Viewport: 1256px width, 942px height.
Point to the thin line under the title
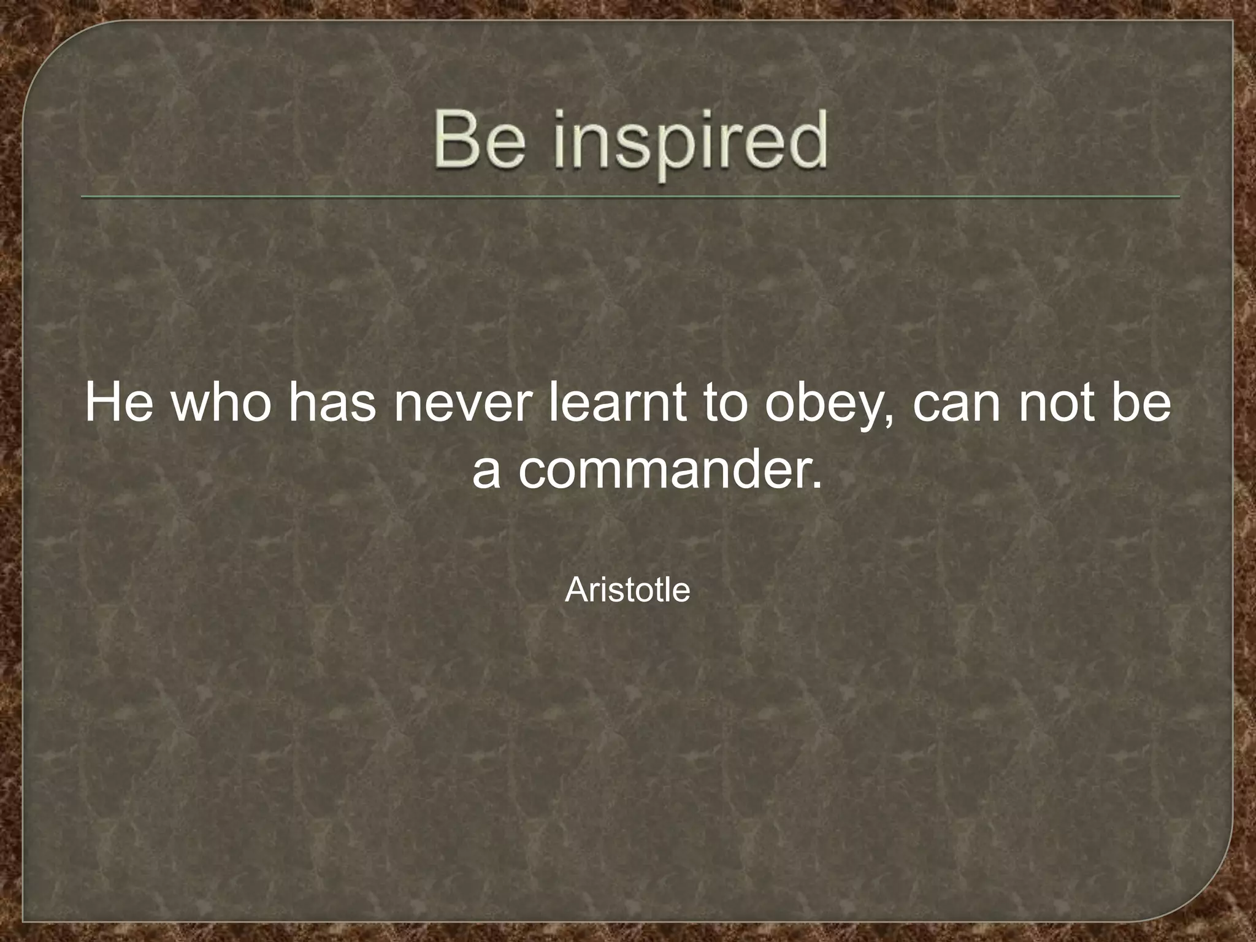pos(630,197)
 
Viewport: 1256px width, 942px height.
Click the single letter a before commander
pos(486,472)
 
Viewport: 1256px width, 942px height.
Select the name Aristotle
pos(627,590)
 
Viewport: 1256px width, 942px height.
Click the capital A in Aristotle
pos(575,590)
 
